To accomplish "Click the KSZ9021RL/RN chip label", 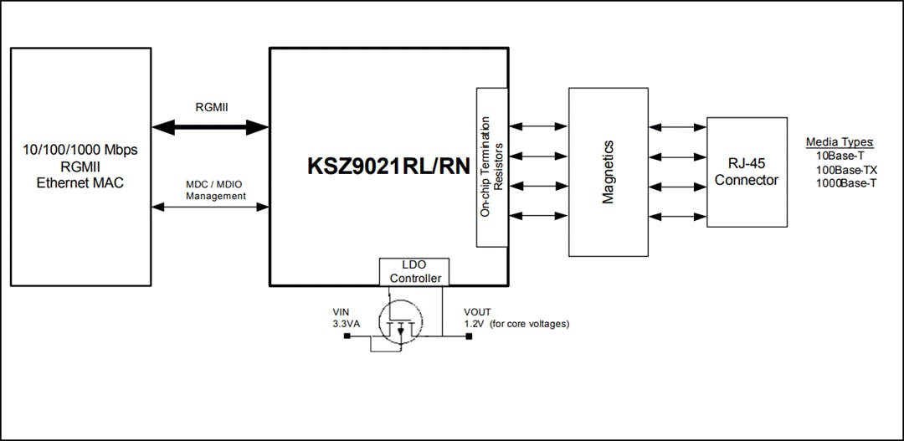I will click(388, 165).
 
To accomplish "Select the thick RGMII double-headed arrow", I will click(210, 127).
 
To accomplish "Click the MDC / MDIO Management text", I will click(215, 190).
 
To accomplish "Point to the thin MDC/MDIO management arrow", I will click(210, 207).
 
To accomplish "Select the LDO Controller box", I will click(414, 272).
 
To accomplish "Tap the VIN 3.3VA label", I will click(346, 318).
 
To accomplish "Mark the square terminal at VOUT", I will click(468, 337).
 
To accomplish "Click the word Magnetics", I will click(608, 172).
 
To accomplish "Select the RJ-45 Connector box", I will click(747, 172).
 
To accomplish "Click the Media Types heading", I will click(839, 142).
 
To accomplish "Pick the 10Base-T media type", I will click(840, 156).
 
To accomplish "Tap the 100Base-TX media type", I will click(845, 169).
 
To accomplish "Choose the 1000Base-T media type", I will click(845, 182).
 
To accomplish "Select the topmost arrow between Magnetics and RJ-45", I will click(678, 127).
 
